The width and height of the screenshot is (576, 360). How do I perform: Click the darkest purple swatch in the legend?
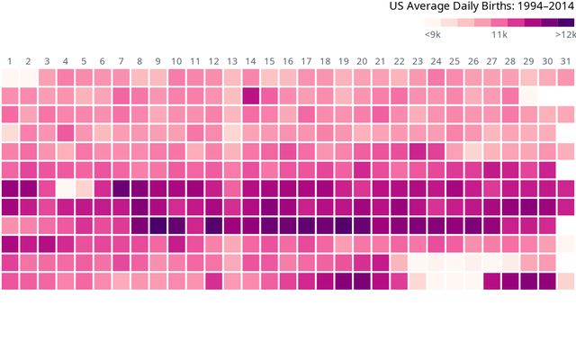point(565,22)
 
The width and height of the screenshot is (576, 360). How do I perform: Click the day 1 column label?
point(10,61)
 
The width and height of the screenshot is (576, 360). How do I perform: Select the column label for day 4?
point(66,61)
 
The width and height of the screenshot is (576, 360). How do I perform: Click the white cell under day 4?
point(66,188)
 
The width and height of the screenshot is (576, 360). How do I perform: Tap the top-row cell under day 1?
point(10,77)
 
